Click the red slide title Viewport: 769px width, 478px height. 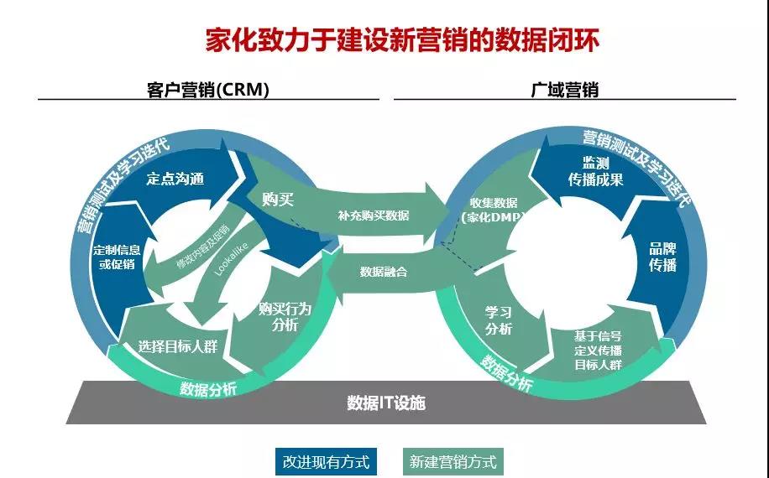point(402,40)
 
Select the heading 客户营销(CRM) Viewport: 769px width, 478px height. point(208,90)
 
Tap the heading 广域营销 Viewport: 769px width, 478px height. point(564,90)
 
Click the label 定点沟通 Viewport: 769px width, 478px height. point(175,179)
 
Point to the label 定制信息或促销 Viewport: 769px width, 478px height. point(117,257)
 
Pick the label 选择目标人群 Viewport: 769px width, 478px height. point(177,346)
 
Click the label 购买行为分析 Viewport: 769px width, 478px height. point(285,316)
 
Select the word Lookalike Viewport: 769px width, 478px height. point(232,259)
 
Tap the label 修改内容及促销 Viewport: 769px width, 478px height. point(203,247)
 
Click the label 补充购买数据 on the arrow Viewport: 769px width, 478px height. point(374,216)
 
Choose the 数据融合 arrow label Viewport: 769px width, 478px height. point(384,272)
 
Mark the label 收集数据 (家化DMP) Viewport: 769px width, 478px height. point(493,210)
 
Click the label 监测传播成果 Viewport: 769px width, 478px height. point(595,171)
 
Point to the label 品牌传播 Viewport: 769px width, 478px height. point(662,257)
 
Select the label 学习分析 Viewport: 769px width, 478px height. point(499,320)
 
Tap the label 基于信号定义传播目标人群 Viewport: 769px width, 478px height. point(598,351)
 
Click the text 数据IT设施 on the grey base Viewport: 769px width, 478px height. point(386,403)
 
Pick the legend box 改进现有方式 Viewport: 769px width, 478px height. point(326,461)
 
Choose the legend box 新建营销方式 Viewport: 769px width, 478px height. point(453,461)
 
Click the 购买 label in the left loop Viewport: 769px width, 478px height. point(278,200)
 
